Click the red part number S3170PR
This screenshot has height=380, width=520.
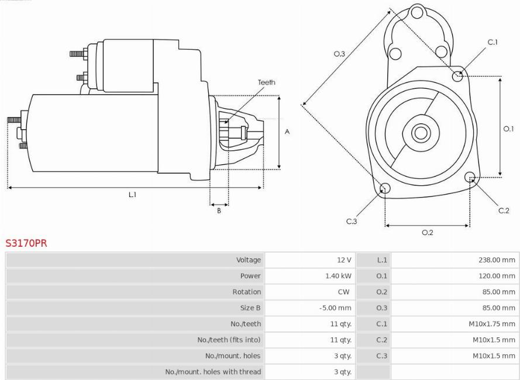[x=26, y=243]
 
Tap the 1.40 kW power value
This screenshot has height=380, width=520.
[x=338, y=275]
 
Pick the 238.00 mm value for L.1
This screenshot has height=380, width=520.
[x=497, y=260]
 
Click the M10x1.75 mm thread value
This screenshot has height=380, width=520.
[x=492, y=324]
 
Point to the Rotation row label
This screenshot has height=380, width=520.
[x=246, y=292]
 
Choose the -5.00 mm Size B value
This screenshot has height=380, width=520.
[x=335, y=308]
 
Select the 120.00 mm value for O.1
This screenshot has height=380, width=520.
[x=497, y=275]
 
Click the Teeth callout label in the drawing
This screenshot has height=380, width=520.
[x=267, y=82]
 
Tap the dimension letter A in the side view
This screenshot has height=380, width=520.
[x=287, y=132]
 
